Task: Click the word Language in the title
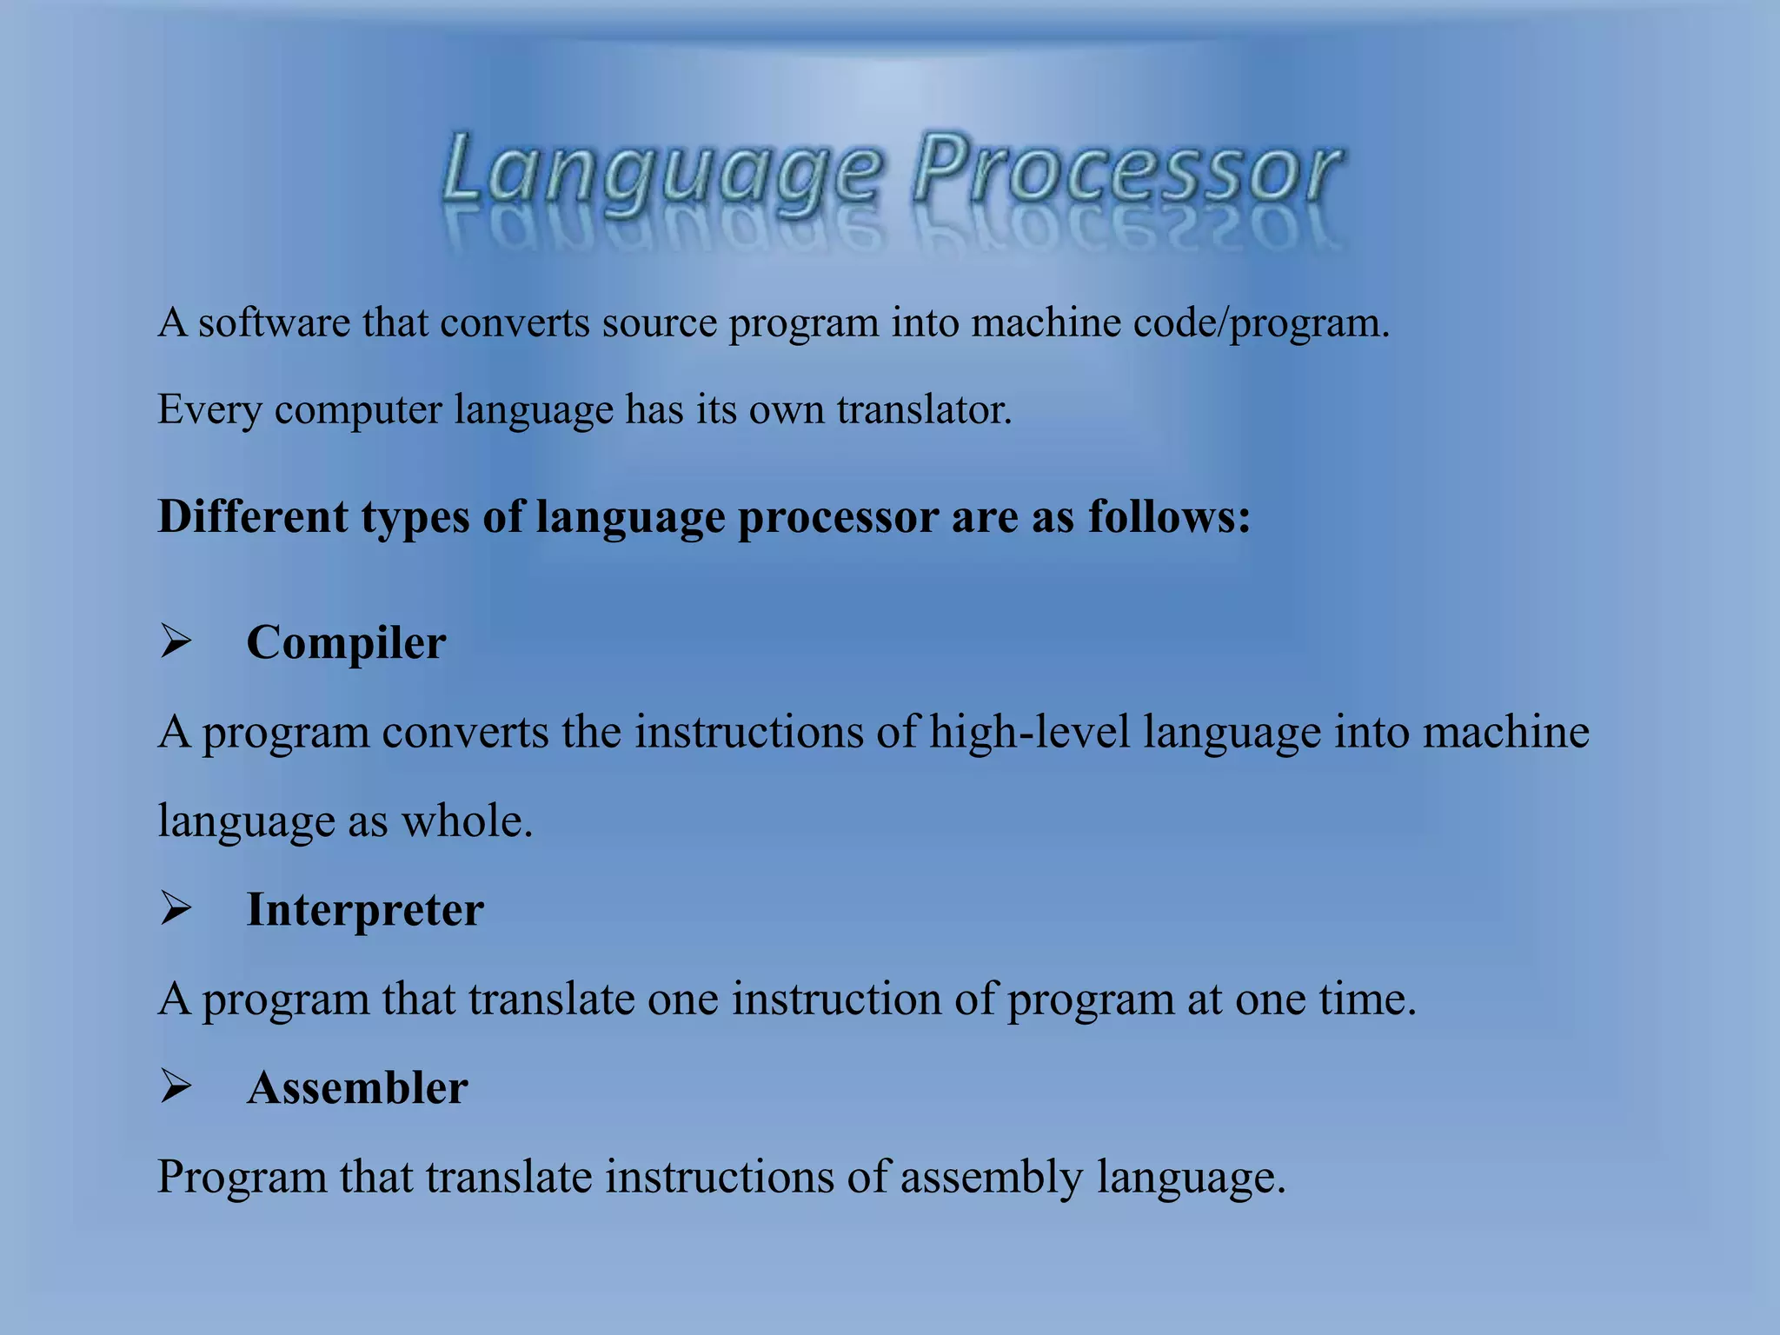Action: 662,170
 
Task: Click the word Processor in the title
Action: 1126,170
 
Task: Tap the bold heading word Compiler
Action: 346,643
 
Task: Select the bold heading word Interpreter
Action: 365,910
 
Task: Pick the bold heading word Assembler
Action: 357,1087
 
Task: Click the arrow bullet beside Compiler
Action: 176,643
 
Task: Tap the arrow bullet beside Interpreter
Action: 176,909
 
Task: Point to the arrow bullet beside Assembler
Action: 176,1086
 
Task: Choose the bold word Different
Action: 253,516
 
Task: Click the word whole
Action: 466,820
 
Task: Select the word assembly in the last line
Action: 992,1178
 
